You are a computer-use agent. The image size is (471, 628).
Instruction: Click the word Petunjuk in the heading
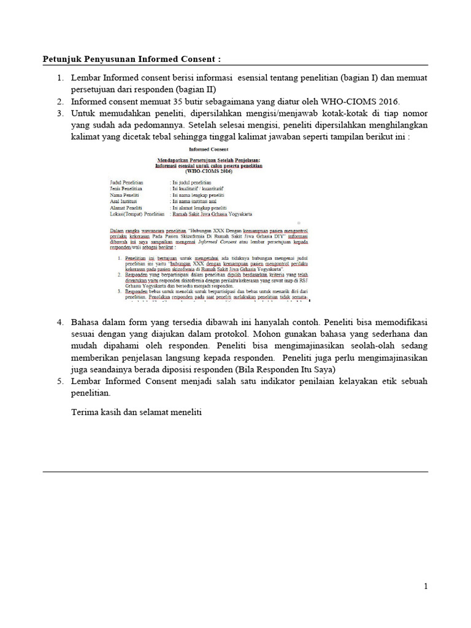(x=62, y=59)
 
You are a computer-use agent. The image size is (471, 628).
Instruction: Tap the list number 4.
(x=61, y=322)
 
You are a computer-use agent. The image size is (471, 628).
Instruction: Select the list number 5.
(x=61, y=381)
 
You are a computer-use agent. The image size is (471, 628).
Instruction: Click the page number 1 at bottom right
(x=426, y=586)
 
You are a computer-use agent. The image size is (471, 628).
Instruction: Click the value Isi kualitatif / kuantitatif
(x=200, y=189)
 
